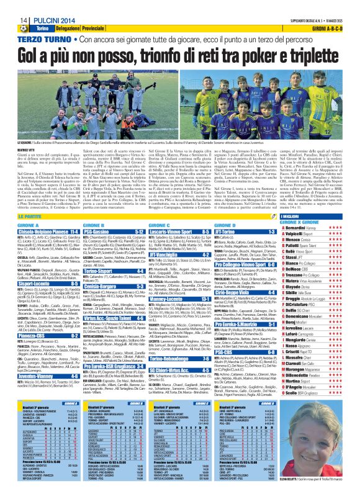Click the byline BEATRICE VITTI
pyautogui.click(x=16, y=151)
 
